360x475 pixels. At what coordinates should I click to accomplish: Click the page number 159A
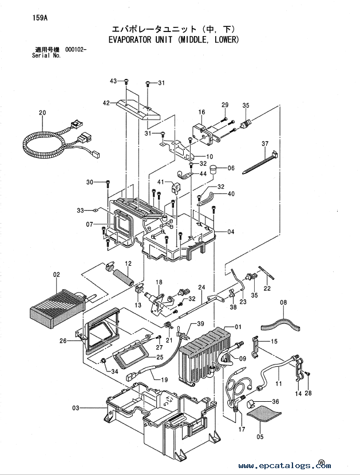point(40,18)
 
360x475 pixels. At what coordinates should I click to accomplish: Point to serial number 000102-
point(76,50)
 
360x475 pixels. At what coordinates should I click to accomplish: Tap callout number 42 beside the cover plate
point(106,103)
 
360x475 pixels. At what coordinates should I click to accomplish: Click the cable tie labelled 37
point(260,162)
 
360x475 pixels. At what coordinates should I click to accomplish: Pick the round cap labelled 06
point(214,168)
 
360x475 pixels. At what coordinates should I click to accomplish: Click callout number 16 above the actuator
point(202,112)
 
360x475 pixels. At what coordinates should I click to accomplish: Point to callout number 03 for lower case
point(76,408)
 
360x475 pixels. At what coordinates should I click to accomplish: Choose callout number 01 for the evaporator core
point(238,327)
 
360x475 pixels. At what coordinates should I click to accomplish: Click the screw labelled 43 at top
point(126,81)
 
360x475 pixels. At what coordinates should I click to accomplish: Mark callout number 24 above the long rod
point(202,287)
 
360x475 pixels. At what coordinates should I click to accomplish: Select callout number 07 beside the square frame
point(89,224)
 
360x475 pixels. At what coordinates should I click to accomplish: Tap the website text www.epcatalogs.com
point(284,466)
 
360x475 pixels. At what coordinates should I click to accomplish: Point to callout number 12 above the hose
point(128,264)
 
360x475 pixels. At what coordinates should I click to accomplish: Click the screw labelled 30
point(108,184)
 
